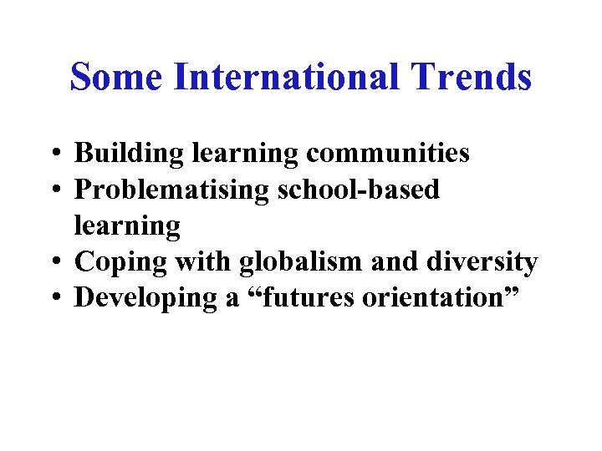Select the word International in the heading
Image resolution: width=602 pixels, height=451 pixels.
click(285, 78)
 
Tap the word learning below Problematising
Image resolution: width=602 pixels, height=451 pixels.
click(127, 226)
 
